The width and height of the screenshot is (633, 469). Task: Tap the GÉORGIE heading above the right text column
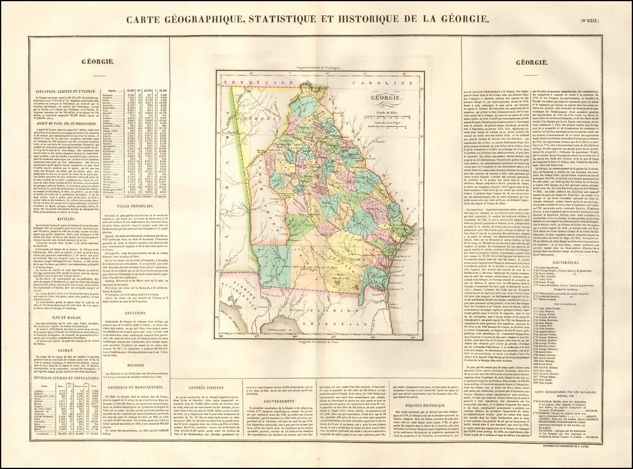(x=531, y=62)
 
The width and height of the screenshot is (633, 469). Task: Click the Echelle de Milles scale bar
(x=382, y=114)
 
